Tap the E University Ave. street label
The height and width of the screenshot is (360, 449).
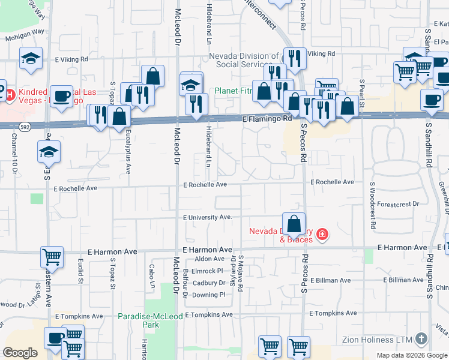pyautogui.click(x=208, y=217)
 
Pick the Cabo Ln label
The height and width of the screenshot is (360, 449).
pyautogui.click(x=152, y=275)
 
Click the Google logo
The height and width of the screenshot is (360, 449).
pyautogui.click(x=20, y=353)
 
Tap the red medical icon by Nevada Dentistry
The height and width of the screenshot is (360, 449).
pyautogui.click(x=322, y=233)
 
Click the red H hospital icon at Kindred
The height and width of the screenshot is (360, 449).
pyautogui.click(x=2, y=92)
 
